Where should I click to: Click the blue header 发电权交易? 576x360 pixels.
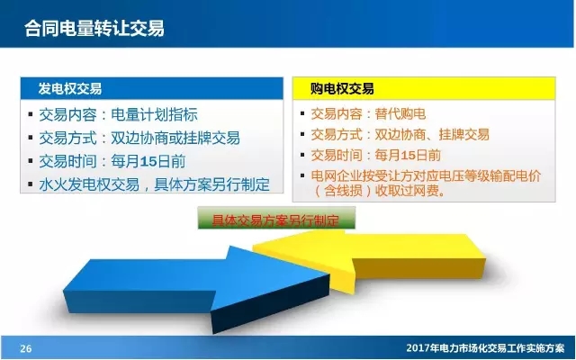[x=69, y=89]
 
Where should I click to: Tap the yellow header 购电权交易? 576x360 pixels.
[x=342, y=89]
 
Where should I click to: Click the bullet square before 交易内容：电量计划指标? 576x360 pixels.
[x=32, y=115]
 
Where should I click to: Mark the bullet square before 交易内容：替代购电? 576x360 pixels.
[x=304, y=114]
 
